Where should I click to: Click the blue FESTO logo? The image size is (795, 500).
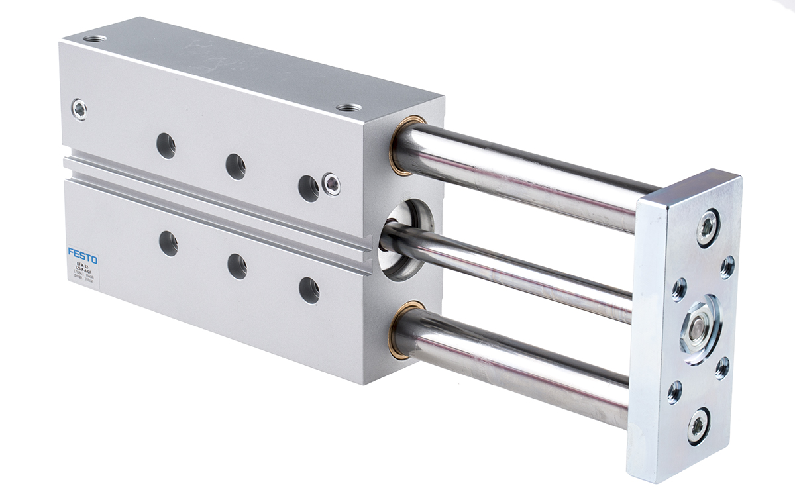pos(82,255)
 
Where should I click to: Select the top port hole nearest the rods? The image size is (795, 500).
pos(348,107)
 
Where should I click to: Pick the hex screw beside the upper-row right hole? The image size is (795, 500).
pos(331,183)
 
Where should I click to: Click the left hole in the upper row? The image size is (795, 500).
pos(166,145)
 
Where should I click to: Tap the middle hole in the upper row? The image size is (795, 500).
pos(235,166)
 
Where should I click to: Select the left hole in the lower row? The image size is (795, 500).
pos(168,244)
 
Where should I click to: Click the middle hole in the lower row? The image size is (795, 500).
pos(237,266)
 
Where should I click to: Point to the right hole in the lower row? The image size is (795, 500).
pos(309,289)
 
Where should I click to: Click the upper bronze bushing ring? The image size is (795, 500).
pos(401,144)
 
